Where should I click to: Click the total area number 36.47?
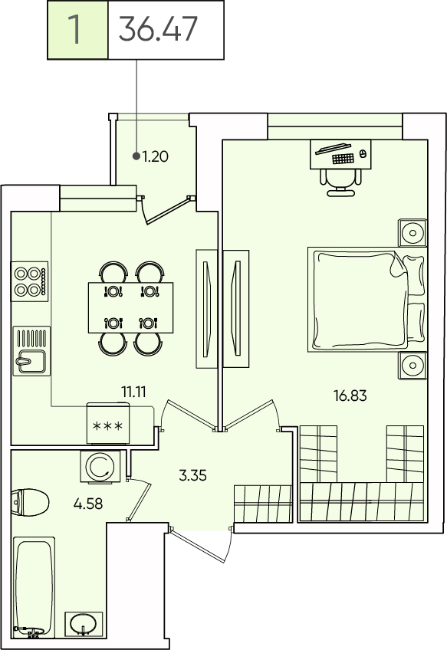(x=158, y=29)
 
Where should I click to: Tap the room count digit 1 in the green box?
(x=74, y=29)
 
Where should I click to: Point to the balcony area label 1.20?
(x=155, y=156)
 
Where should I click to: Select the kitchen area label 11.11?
(x=133, y=392)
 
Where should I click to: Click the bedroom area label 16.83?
(x=350, y=396)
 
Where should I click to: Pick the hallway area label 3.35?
(x=192, y=475)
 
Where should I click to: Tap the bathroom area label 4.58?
(x=88, y=504)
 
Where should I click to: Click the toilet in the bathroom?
(x=30, y=502)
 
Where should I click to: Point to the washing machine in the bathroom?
(x=100, y=467)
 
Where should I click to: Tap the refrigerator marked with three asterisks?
(x=108, y=423)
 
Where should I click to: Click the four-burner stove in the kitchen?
(x=30, y=281)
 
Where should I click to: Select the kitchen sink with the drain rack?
(x=31, y=351)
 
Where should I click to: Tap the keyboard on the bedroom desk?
(x=343, y=159)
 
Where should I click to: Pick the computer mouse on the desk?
(x=363, y=154)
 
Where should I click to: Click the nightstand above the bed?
(x=412, y=232)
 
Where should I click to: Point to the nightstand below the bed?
(x=412, y=366)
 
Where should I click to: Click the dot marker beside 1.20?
(x=136, y=156)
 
